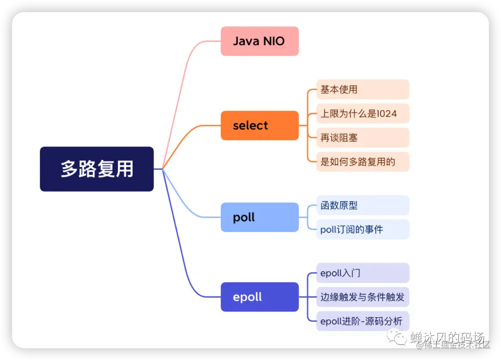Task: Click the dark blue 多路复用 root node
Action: point(96,169)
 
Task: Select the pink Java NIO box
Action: point(259,41)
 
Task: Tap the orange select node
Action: point(259,125)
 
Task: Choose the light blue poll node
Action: point(259,217)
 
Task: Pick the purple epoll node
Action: point(259,297)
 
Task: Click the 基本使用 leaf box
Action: point(362,90)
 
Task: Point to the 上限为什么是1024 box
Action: point(362,114)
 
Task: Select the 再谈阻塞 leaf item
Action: point(362,138)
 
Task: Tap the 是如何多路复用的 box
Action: point(362,162)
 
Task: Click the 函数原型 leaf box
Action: point(362,206)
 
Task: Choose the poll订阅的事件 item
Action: point(362,229)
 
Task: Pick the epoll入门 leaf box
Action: point(362,273)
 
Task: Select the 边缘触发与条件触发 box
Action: point(362,297)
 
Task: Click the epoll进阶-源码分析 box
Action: point(362,321)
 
